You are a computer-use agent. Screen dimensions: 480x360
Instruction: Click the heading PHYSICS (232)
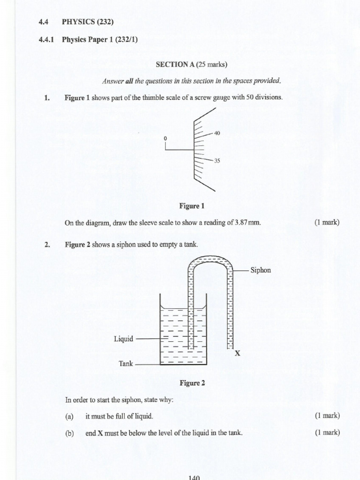point(88,22)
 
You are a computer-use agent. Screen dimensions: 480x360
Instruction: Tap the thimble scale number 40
point(217,133)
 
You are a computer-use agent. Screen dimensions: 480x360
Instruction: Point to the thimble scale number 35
point(217,161)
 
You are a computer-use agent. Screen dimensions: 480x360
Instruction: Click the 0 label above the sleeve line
point(165,139)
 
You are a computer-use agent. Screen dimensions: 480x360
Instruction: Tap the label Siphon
point(261,270)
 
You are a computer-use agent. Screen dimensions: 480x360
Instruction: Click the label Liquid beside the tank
point(124,338)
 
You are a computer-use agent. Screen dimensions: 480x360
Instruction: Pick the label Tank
point(126,364)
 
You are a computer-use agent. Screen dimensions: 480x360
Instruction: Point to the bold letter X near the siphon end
point(237,354)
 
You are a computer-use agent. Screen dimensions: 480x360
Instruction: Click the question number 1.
point(46,97)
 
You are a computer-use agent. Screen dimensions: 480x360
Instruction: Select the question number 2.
point(46,244)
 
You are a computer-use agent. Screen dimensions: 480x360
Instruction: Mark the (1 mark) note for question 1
point(327,223)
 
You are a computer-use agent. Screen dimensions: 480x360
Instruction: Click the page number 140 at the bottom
point(194,477)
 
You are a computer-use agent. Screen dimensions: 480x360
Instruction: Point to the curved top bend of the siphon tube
point(210,260)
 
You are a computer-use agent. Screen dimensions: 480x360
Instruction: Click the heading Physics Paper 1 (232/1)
point(99,40)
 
